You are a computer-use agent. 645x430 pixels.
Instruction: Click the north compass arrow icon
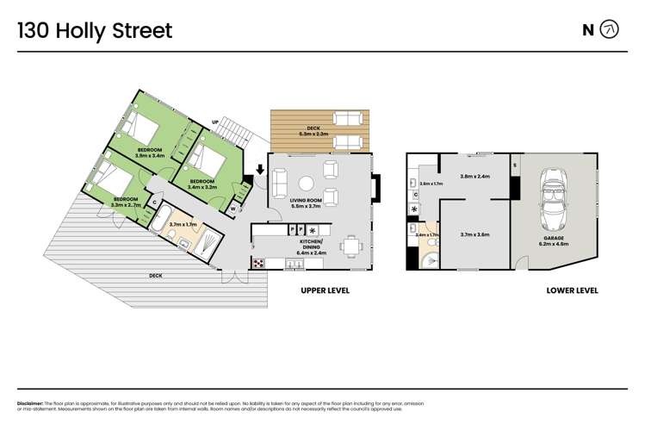tap(609, 30)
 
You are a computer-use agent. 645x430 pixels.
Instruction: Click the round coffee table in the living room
tap(306, 183)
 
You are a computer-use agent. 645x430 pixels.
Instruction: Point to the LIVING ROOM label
tap(306, 203)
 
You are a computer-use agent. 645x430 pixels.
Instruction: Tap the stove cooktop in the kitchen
tap(257, 262)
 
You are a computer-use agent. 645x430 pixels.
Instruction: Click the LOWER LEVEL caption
tap(572, 290)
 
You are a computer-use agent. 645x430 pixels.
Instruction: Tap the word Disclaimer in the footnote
tap(32, 403)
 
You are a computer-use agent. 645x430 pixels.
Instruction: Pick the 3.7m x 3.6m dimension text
tap(474, 234)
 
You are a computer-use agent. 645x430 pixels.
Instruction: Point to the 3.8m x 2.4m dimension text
tap(474, 176)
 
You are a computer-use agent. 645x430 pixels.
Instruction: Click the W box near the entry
tap(233, 208)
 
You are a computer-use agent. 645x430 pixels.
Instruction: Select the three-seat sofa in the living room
tap(279, 183)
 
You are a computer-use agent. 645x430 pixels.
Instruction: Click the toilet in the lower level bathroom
tap(433, 259)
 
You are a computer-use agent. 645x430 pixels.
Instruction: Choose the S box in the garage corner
tap(515, 164)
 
